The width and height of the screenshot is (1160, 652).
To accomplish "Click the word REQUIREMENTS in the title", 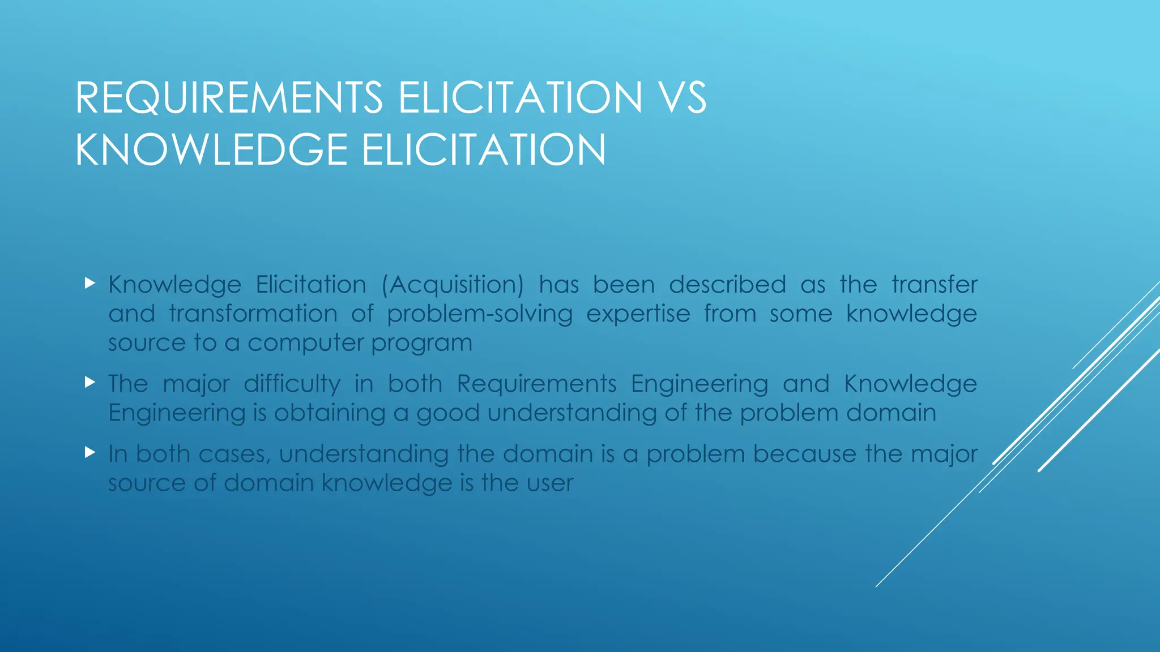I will (229, 97).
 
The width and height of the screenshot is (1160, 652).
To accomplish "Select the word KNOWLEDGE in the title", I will (211, 149).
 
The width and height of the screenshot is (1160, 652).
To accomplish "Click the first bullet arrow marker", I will (89, 283).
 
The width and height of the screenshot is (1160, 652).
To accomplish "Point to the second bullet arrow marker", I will (89, 382).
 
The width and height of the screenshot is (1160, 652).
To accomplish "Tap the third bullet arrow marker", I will (89, 452).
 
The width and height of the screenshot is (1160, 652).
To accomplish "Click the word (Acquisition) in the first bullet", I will (453, 285).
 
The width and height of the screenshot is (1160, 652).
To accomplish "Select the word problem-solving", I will (480, 314).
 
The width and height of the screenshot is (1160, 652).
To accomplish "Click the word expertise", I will (638, 314).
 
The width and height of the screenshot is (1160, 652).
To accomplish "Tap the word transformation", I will (253, 314).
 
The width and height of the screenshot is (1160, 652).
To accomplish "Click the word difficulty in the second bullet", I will (292, 384).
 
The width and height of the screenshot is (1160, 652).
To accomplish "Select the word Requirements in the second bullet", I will (536, 384).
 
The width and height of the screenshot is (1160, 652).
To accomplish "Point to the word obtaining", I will (330, 413).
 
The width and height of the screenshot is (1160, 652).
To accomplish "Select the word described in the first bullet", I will (727, 284).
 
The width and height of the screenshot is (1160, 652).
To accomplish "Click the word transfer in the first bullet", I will (934, 284).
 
